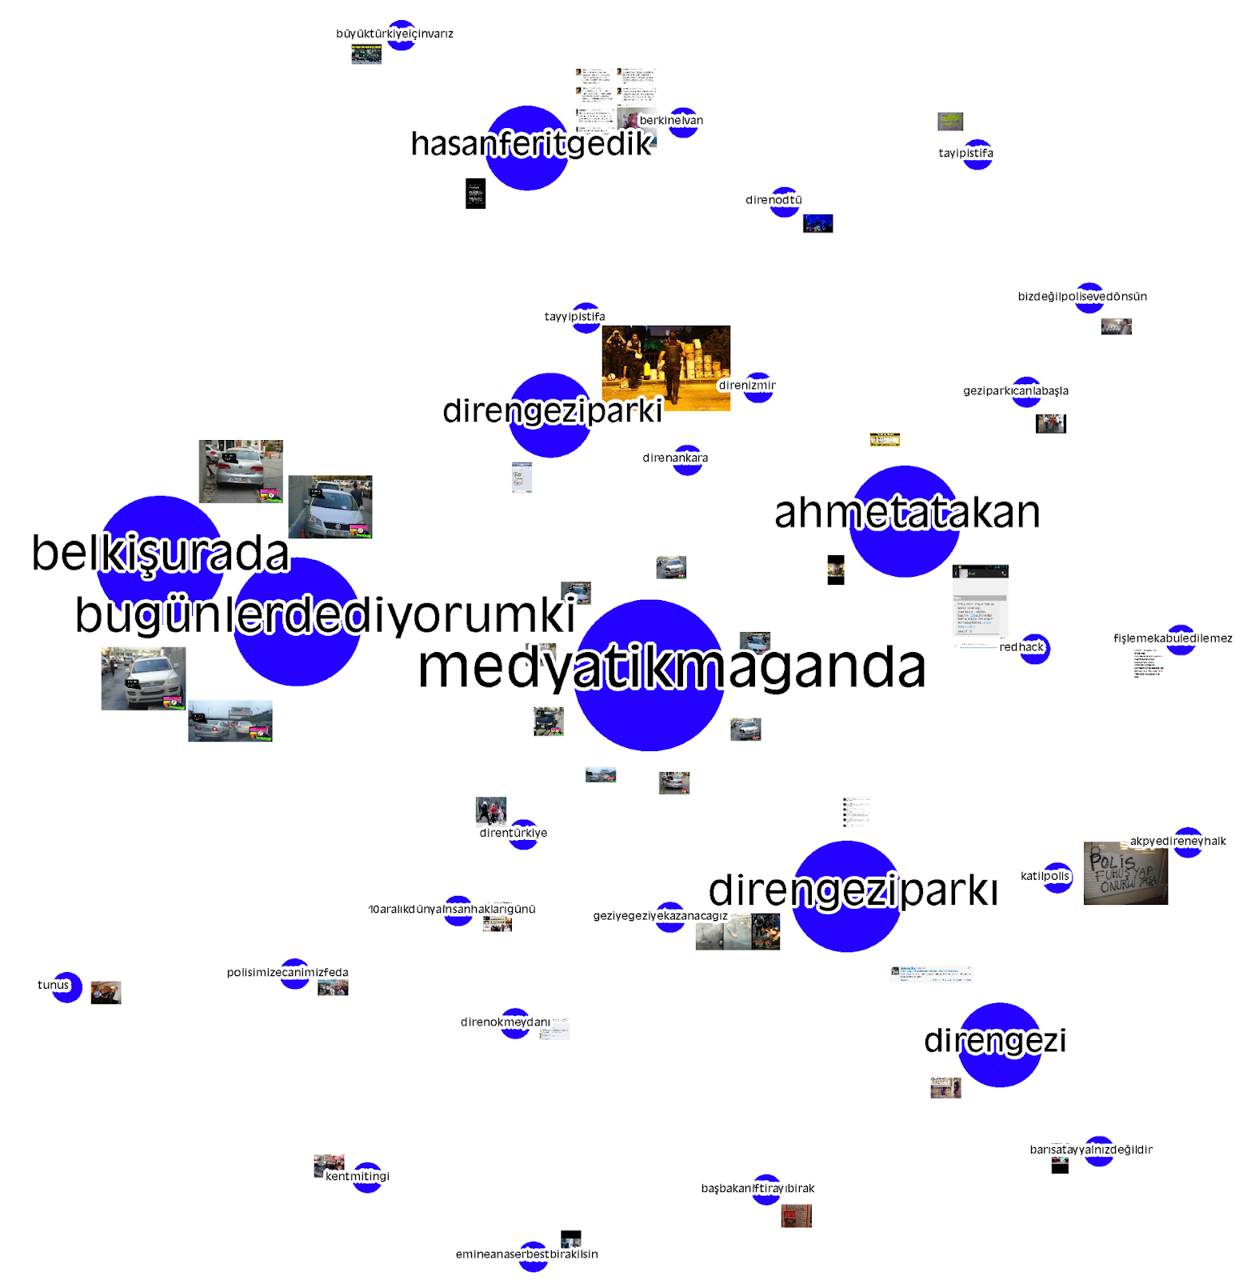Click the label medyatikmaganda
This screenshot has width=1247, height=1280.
pos(671,668)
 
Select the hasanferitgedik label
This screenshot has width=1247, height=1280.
pos(532,144)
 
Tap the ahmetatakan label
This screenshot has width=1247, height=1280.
pos(907,513)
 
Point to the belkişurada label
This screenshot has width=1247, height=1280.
pos(160,554)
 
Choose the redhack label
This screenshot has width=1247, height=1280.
pos(1021,647)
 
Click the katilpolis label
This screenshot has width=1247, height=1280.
pos(1045,876)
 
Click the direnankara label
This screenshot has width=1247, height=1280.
pos(675,458)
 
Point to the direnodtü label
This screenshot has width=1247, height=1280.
pos(773,200)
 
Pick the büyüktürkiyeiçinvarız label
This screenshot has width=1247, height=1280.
pos(394,34)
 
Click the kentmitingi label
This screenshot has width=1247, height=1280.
pos(357,1176)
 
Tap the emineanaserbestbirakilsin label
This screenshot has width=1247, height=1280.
pos(526,1254)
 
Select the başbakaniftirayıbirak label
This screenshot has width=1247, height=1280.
pos(757,1189)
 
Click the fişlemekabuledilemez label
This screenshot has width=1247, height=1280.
pos(1173,638)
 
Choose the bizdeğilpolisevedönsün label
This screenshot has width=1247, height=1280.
pos(1082,297)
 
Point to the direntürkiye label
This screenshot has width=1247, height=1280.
pos(514,833)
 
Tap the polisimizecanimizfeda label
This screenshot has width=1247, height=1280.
pos(287,973)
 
